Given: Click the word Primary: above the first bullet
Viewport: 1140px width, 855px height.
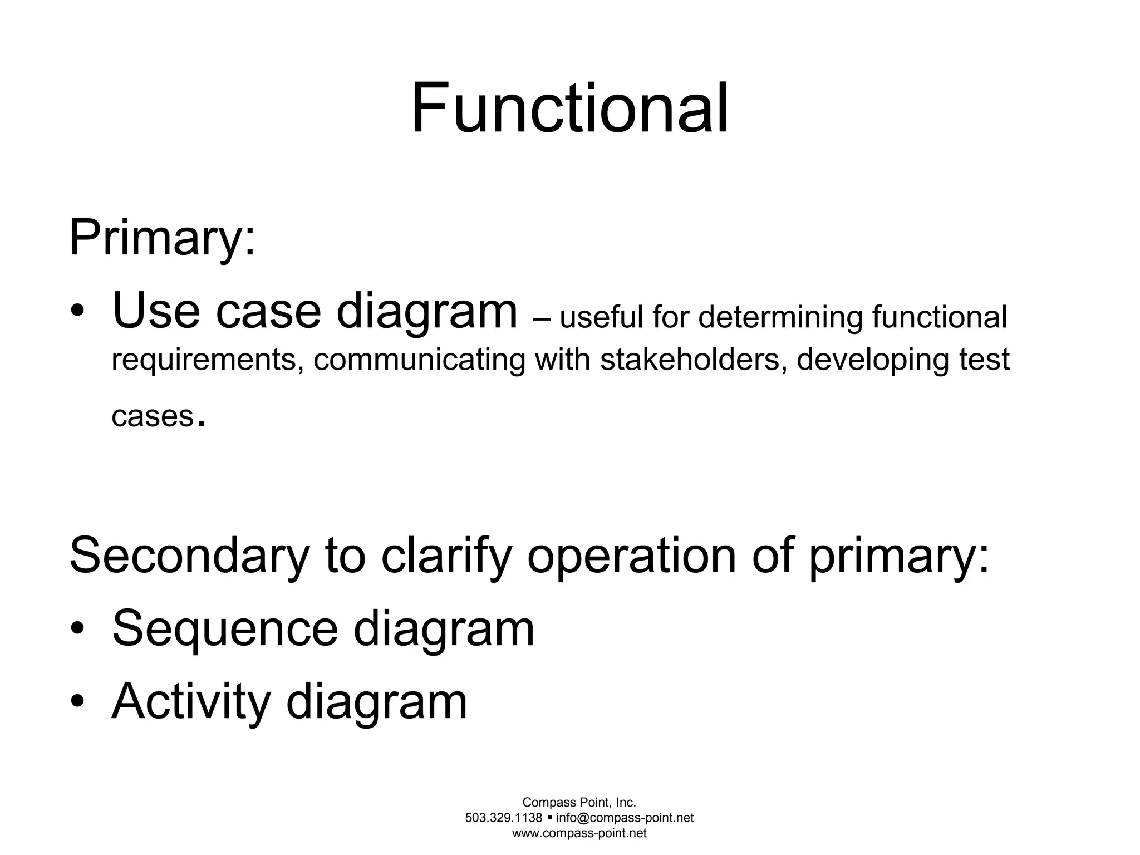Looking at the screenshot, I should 162,238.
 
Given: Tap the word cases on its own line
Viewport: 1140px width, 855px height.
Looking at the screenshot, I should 152,416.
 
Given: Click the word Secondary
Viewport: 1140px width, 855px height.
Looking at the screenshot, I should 188,556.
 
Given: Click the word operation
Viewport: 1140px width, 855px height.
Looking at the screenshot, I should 632,556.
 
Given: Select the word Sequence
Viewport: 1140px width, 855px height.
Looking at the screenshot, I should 225,629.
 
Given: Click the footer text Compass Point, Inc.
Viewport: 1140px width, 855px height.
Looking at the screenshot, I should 579,802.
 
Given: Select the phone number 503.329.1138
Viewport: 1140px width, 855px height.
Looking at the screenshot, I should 503,818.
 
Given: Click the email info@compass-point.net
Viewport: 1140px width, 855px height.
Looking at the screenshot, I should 625,818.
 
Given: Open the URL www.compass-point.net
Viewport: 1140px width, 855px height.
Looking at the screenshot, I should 579,833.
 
